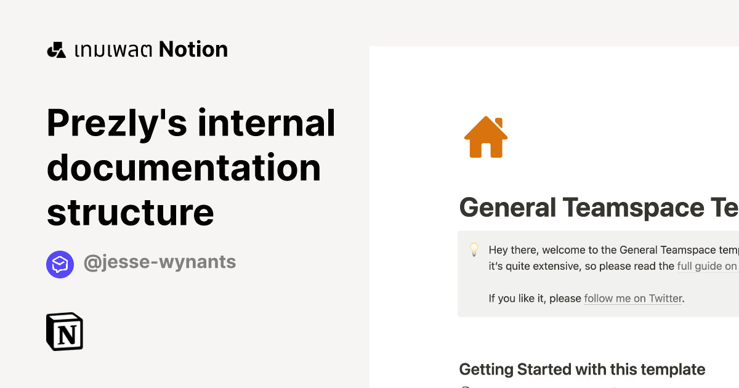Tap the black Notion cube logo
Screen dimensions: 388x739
click(x=65, y=331)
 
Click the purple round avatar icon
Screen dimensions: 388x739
click(x=60, y=264)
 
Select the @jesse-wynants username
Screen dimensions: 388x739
click(x=160, y=262)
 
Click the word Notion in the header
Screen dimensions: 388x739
click(x=193, y=49)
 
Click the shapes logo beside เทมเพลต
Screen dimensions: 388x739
click(x=56, y=50)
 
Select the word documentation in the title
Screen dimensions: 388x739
click(x=184, y=168)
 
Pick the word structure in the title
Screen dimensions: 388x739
click(x=131, y=212)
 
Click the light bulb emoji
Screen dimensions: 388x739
click(x=474, y=249)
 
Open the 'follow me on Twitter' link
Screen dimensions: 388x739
click(x=633, y=298)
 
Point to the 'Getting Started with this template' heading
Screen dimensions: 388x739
click(x=582, y=370)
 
